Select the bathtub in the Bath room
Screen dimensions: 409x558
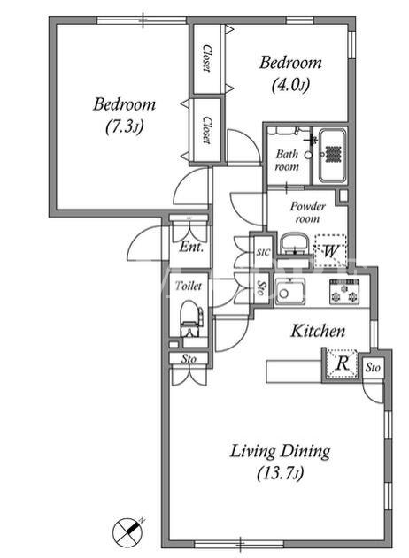click(x=332, y=156)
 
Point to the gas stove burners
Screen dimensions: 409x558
click(x=344, y=292)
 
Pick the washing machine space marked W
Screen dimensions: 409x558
click(x=330, y=250)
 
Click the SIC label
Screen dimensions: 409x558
click(x=264, y=252)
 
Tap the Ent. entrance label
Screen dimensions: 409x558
click(x=191, y=246)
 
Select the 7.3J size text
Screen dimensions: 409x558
click(x=125, y=127)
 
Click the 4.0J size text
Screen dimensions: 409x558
click(x=290, y=85)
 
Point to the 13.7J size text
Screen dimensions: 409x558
click(x=281, y=473)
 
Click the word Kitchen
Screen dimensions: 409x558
click(x=318, y=331)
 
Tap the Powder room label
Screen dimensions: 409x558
click(x=307, y=212)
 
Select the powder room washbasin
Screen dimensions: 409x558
click(x=294, y=244)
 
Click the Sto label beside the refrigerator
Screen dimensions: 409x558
click(x=373, y=367)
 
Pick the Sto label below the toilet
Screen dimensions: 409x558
click(x=189, y=359)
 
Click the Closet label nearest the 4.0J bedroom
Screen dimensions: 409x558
click(x=206, y=58)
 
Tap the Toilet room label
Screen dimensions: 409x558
click(x=188, y=286)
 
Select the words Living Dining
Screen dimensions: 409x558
click(x=280, y=452)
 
